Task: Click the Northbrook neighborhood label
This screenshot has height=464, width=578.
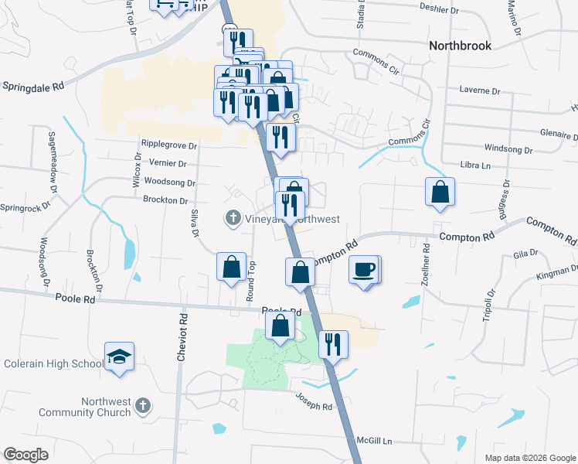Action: [460, 46]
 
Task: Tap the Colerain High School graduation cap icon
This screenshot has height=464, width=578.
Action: [119, 356]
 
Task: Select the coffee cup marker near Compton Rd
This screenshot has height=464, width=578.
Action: [365, 269]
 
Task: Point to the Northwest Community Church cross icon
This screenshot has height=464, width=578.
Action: [141, 404]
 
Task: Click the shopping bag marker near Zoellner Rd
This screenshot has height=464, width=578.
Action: [439, 192]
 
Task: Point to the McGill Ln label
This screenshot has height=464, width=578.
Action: [374, 441]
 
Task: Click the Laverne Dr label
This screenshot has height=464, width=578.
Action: [480, 90]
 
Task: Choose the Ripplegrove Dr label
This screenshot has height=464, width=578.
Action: [169, 144]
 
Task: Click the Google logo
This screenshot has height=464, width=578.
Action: [25, 454]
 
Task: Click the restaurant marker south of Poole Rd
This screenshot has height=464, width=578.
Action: [333, 344]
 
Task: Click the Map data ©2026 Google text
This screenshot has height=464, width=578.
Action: [529, 458]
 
